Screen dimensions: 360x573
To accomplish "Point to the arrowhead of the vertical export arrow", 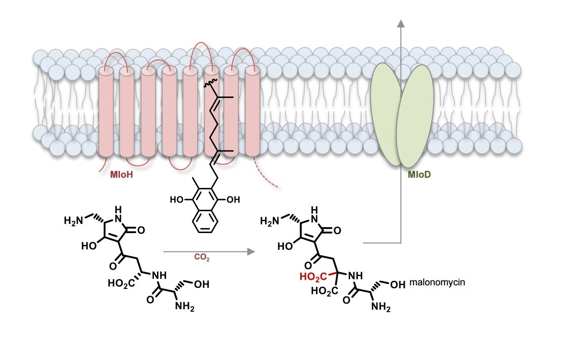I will [401, 24].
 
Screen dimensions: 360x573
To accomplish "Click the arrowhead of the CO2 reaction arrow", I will [249, 250].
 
